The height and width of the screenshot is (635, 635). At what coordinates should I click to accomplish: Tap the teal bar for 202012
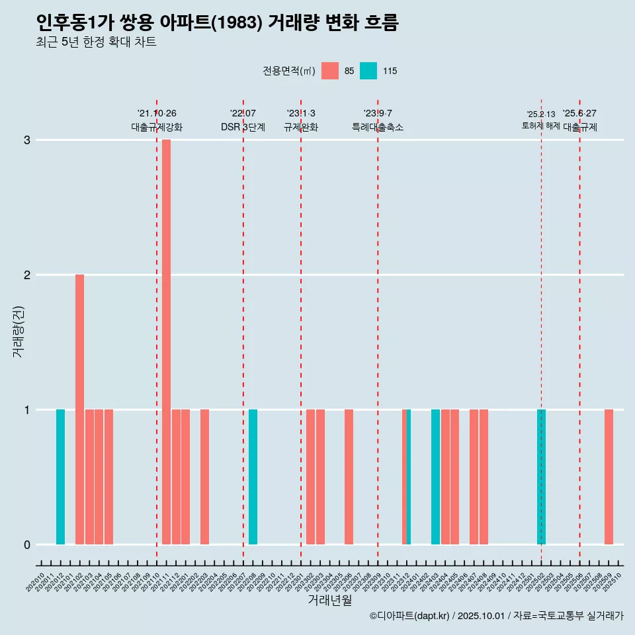point(60,477)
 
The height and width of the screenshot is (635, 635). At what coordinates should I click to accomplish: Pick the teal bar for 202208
point(253,477)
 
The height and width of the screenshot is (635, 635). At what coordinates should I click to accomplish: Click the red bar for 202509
point(609,477)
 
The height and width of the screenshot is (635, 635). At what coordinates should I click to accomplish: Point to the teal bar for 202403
point(435,477)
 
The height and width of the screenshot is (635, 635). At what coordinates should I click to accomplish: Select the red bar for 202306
point(349,477)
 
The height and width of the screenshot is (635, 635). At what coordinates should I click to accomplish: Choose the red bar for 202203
point(204,477)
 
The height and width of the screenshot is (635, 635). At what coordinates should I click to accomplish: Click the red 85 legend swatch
point(329,71)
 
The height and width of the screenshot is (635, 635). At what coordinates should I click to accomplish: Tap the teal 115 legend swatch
point(368,71)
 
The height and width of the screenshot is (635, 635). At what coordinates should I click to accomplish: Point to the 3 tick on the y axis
point(27,140)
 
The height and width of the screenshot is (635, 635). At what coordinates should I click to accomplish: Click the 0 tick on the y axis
point(27,545)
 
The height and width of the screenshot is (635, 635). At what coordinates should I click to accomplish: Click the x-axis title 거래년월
point(329,600)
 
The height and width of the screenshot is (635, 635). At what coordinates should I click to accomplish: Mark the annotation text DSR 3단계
point(243,127)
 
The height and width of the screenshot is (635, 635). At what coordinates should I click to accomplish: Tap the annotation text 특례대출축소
point(378,127)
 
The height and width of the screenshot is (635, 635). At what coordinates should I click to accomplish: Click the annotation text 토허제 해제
point(541,126)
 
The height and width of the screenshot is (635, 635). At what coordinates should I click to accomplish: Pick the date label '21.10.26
point(157,114)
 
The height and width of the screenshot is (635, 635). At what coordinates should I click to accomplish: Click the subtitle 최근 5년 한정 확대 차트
point(96,42)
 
